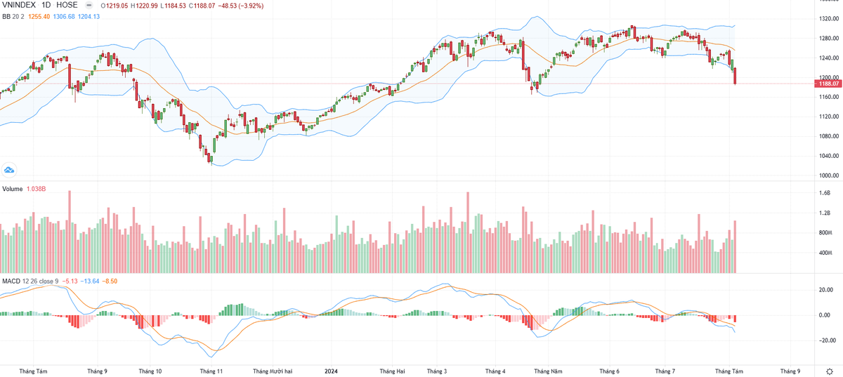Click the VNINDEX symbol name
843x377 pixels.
pyautogui.click(x=18, y=4)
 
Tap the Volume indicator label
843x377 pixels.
pyautogui.click(x=12, y=189)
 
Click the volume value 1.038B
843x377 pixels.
pyautogui.click(x=37, y=189)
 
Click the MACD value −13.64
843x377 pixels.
pyautogui.click(x=89, y=281)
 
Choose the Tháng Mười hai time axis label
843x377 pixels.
pyautogui.click(x=273, y=371)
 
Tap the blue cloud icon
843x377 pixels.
pyautogui.click(x=9, y=170)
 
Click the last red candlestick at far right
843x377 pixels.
pyautogui.click(x=736, y=77)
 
